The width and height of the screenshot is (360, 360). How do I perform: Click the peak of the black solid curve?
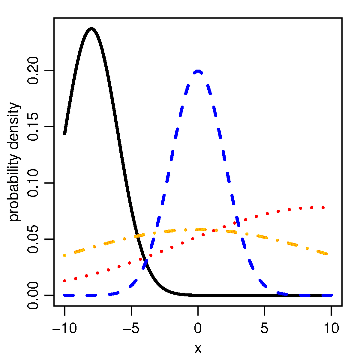[x=91, y=29]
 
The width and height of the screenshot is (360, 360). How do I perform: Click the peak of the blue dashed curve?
[x=198, y=71]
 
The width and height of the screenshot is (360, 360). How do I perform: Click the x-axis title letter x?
[x=198, y=349]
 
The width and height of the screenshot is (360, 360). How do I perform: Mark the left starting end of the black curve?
[x=65, y=134]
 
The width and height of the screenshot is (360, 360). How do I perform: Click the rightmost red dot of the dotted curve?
[x=323, y=208]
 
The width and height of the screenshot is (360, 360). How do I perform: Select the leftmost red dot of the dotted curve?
[x=65, y=281]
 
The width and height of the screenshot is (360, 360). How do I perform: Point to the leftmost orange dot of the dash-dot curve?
[x=65, y=255]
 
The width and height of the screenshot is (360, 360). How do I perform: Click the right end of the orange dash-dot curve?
[x=326, y=254]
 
